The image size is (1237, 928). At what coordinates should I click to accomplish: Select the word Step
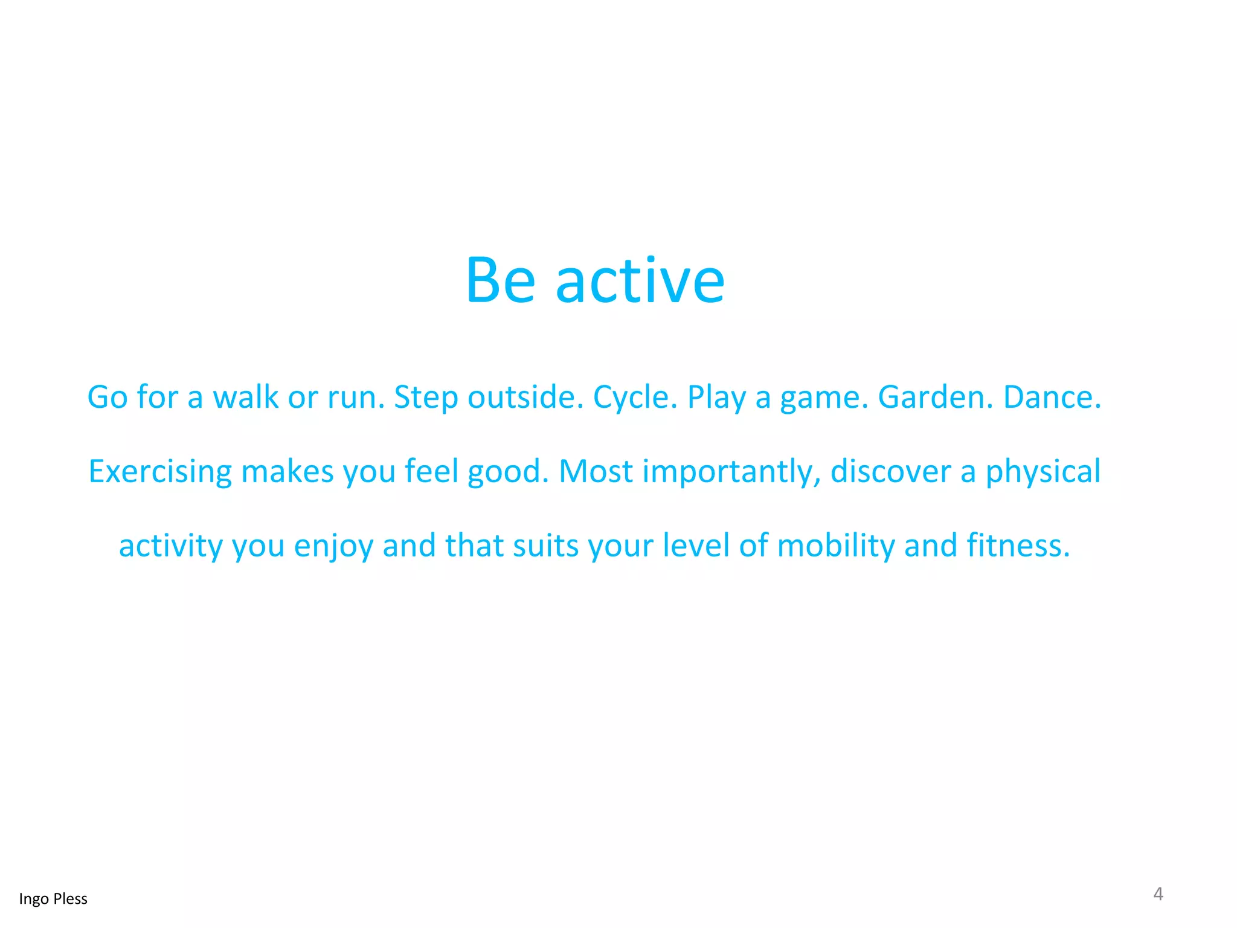coord(425,398)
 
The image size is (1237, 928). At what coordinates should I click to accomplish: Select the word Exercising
coord(160,472)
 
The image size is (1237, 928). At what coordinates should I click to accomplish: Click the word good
coord(508,472)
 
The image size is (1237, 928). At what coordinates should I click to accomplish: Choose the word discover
coord(891,471)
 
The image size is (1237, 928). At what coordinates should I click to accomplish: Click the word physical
coord(1043,472)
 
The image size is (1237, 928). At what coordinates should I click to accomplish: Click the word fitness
coord(1018,545)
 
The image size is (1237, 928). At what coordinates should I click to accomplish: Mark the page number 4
coord(1158,894)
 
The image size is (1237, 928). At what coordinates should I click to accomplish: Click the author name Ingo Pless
coord(53,899)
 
